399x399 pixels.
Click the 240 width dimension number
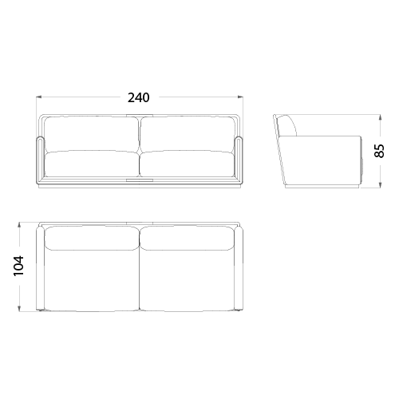[139, 97]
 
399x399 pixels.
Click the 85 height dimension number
[380, 151]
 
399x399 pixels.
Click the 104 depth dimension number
[18, 267]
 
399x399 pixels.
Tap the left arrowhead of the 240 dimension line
[39, 97]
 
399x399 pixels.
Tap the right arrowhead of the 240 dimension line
[240, 97]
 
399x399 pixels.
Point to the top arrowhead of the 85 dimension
[381, 118]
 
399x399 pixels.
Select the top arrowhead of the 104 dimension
[19, 226]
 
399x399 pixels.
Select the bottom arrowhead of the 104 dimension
[19, 308]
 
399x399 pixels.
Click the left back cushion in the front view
[91, 135]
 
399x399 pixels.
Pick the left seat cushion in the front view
[92, 164]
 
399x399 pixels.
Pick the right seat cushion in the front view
[187, 164]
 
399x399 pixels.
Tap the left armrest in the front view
[41, 160]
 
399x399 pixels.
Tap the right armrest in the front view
[239, 160]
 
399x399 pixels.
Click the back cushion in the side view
[288, 126]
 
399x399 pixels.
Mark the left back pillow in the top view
[92, 238]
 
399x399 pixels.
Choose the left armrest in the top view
[41, 268]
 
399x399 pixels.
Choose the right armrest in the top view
[239, 268]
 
